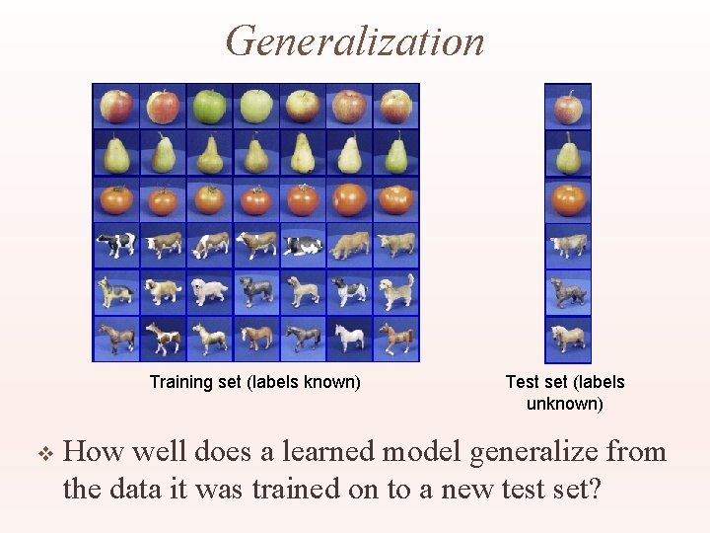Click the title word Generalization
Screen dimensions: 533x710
[355, 41]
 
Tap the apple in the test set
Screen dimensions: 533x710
[568, 107]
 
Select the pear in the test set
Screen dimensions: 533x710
[568, 153]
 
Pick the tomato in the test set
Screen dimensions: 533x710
[568, 199]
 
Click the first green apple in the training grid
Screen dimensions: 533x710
[209, 106]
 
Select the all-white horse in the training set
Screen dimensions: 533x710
[349, 339]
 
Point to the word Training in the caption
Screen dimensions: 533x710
[180, 382]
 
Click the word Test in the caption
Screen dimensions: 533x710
[522, 382]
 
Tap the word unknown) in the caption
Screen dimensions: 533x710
[565, 404]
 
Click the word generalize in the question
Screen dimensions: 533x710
[524, 453]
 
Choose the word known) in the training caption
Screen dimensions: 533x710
[334, 382]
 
